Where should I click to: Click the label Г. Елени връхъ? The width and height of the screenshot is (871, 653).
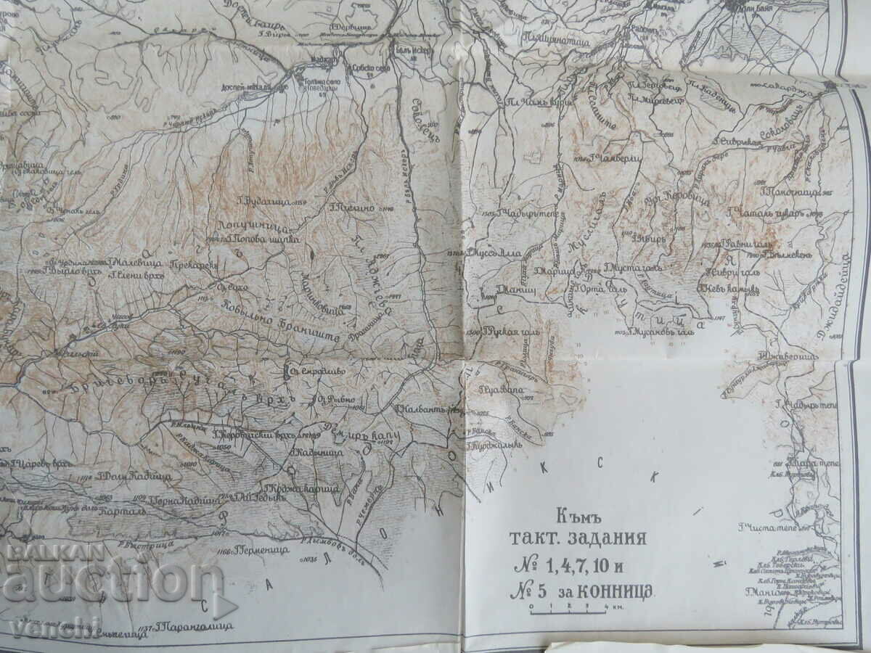click(x=134, y=276)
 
